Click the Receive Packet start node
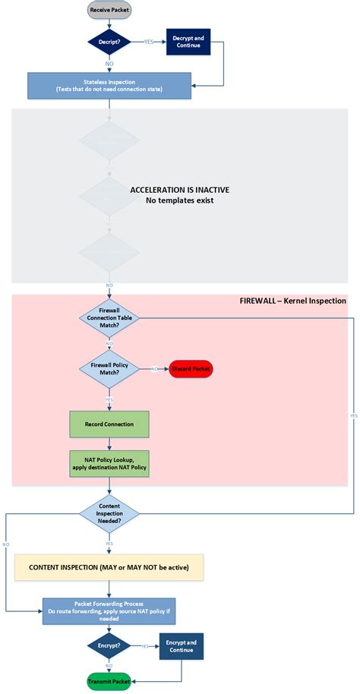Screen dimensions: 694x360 point(109,11)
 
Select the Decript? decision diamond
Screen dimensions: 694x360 point(109,43)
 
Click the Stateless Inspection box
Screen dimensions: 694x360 point(109,86)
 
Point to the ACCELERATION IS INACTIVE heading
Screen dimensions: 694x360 point(180,189)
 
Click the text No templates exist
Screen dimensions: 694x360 point(180,200)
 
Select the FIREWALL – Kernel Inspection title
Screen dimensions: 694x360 point(292,301)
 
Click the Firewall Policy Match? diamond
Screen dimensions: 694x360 point(109,369)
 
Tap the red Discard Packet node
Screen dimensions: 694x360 point(191,369)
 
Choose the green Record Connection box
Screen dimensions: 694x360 point(109,424)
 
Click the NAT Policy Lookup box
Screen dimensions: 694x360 point(109,464)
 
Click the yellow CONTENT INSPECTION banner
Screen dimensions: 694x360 point(108,567)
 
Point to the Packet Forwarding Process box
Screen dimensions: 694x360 point(109,610)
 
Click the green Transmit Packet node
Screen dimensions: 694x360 point(109,681)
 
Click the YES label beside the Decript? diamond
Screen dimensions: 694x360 point(148,43)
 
